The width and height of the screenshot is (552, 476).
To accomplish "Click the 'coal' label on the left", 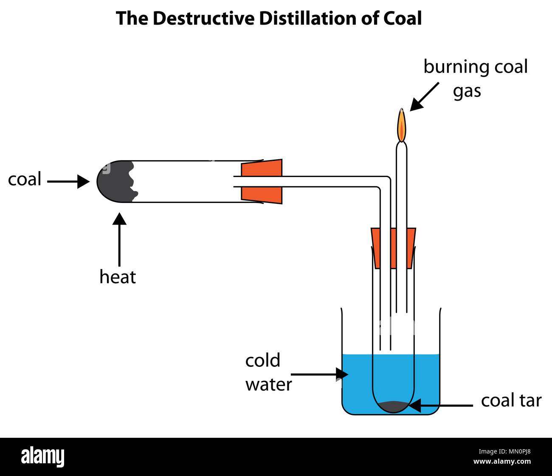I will point(25,180).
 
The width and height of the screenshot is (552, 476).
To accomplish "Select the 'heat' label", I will point(118,277).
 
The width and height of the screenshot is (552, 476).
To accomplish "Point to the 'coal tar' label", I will point(511,400).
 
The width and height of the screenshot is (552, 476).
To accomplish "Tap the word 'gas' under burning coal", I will point(467,91).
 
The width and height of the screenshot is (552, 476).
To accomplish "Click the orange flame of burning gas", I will point(401,124).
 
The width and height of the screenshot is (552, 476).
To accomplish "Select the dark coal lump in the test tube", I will point(115,181).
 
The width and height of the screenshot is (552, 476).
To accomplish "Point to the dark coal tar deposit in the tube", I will point(393,406).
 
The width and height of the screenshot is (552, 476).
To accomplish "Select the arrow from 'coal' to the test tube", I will point(68,182).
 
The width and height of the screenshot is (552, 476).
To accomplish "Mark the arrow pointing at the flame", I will point(425,96).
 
